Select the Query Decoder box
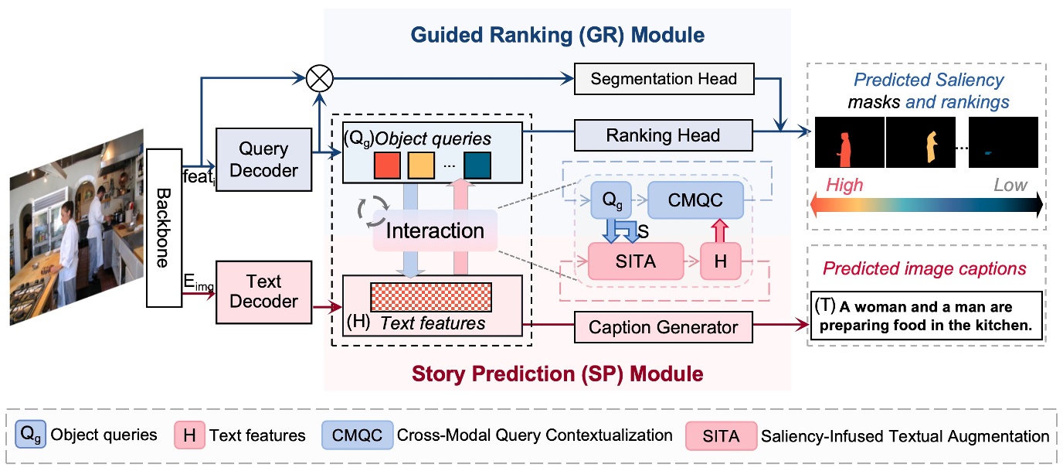(263, 159)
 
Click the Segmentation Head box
(663, 79)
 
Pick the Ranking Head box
(663, 135)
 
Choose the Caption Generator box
(662, 327)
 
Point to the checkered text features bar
(431, 298)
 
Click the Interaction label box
(435, 230)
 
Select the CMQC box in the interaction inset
(695, 201)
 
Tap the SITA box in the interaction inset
(636, 261)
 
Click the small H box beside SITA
(720, 261)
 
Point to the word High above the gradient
(844, 185)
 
